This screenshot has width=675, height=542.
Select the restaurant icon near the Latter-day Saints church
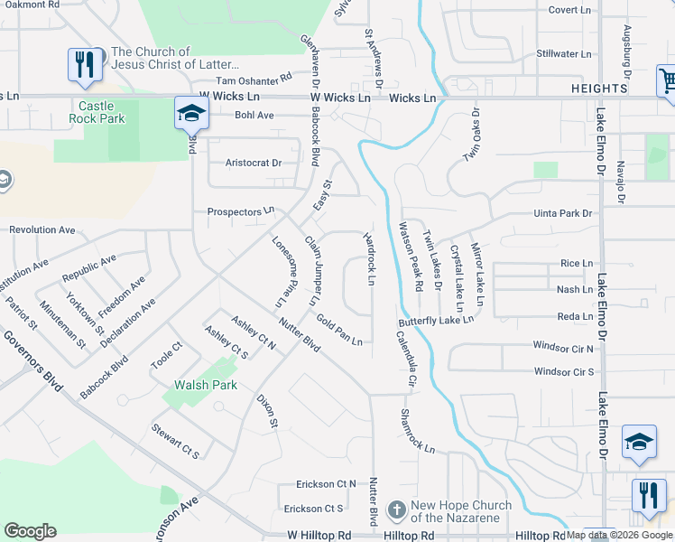pos(85,65)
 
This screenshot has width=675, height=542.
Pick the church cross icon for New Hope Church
pos(395,510)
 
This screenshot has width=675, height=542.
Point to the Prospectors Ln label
pos(241,211)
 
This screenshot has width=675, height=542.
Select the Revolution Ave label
pos(42,230)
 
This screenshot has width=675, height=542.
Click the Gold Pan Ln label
pos(339,330)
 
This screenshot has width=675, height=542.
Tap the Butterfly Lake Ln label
pos(437,321)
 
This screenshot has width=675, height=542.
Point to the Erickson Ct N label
pos(326,484)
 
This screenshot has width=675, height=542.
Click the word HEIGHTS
pos(599,89)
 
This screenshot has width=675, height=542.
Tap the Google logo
pos(30,531)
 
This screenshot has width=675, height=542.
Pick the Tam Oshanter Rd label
pos(247,80)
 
